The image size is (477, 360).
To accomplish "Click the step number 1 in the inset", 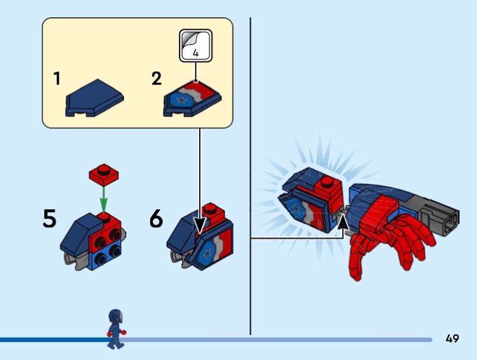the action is click(57, 78).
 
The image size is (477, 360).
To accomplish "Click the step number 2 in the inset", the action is click(157, 78).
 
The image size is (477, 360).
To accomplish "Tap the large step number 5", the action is click(49, 218).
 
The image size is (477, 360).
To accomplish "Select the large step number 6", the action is click(156, 218).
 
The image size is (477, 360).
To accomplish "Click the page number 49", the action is click(452, 339).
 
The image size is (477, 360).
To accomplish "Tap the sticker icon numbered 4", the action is click(196, 46).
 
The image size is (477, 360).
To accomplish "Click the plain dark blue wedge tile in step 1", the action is click(95, 98).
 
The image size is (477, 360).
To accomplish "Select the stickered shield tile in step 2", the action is click(192, 99).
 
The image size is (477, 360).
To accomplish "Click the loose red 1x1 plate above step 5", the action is click(104, 175).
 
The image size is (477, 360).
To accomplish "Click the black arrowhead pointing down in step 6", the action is click(200, 225).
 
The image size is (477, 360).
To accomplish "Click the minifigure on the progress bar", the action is click(116, 329).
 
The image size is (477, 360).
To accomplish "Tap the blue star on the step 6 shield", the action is click(207, 253).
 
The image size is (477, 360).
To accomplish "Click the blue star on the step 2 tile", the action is click(182, 100).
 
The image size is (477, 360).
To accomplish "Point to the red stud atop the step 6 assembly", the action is click(210, 207).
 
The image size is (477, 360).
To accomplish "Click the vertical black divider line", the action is click(250, 176).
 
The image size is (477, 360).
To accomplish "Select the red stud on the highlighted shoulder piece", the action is click(327, 182).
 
